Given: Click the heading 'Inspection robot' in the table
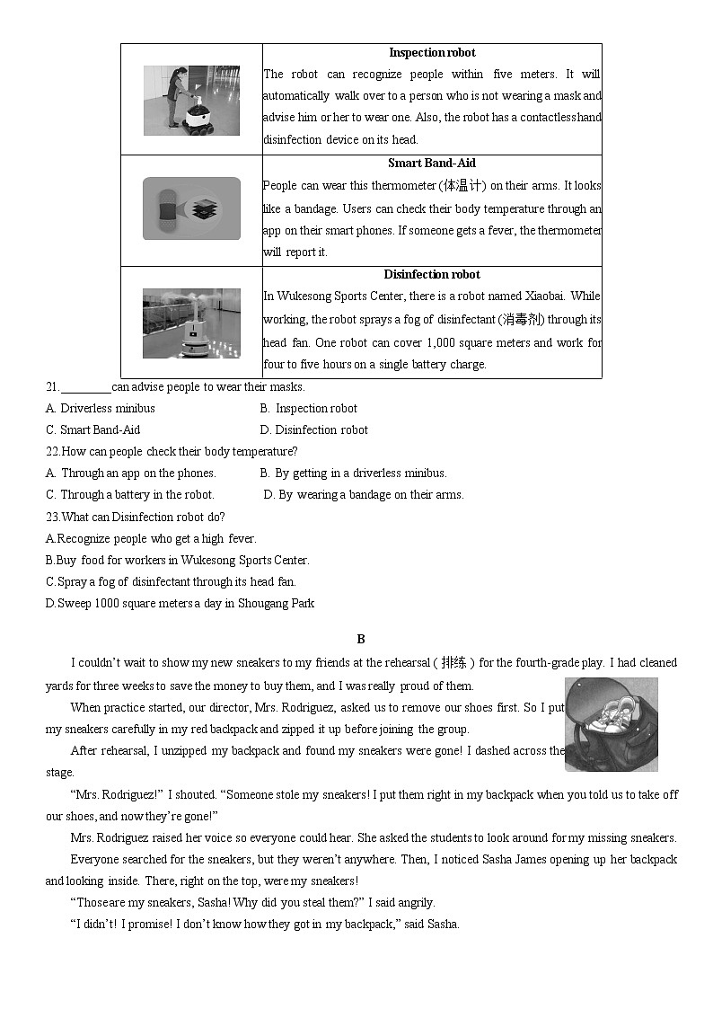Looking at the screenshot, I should click(432, 53).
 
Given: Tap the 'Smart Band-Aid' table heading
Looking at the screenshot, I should click(432, 164).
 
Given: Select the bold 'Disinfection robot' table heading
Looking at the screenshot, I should click(432, 275).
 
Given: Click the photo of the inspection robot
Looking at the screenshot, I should click(191, 101).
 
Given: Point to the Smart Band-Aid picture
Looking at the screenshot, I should click(191, 208).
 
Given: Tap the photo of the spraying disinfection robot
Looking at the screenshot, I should click(191, 323).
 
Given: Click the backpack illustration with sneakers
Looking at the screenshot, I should click(611, 724).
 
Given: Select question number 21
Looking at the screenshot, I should click(52, 387).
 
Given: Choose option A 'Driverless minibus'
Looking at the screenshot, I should click(100, 409).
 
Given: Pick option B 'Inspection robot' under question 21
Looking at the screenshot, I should click(309, 409).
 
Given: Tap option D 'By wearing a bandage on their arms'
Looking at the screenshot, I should click(364, 495).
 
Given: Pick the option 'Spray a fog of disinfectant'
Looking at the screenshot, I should click(171, 582).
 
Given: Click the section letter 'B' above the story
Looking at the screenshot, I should click(361, 640).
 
